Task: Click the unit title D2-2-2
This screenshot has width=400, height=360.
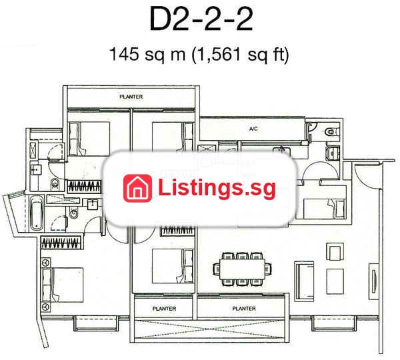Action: pyautogui.click(x=201, y=19)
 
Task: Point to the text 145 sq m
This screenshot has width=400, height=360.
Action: pyautogui.click(x=147, y=54)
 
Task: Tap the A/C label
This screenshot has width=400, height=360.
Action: pyautogui.click(x=253, y=129)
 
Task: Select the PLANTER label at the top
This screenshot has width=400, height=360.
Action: pyautogui.click(x=131, y=97)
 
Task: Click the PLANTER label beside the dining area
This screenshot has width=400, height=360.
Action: pyautogui.click(x=244, y=309)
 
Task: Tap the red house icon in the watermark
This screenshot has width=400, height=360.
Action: pyautogui.click(x=137, y=188)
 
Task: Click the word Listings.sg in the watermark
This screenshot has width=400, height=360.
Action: pyautogui.click(x=217, y=188)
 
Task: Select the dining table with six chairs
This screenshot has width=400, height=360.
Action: pyautogui.click(x=243, y=269)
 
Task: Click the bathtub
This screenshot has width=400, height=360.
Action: pyautogui.click(x=36, y=213)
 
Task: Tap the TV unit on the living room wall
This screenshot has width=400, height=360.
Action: pyautogui.click(x=374, y=281)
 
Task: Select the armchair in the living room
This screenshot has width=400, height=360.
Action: pyautogui.click(x=335, y=251)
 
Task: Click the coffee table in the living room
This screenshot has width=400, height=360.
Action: pyautogui.click(x=335, y=281)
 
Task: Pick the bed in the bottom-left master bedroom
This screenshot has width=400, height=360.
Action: pyautogui.click(x=63, y=285)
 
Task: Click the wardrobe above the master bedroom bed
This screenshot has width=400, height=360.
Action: pyautogui.click(x=61, y=243)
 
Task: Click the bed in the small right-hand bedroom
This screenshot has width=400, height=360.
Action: pyautogui.click(x=325, y=209)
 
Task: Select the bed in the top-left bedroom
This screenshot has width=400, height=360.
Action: pyautogui.click(x=89, y=139)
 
